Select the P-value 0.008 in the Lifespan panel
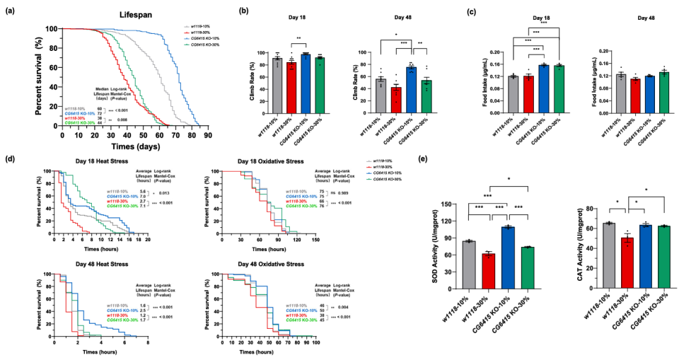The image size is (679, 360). click(132, 120)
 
